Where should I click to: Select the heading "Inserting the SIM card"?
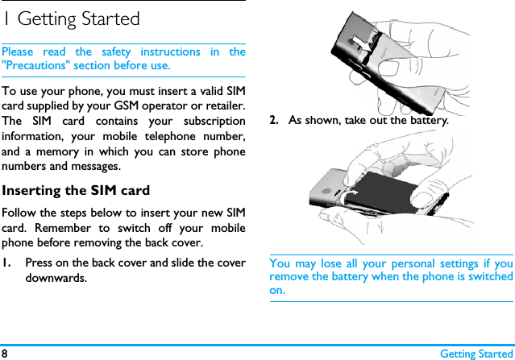point(76,191)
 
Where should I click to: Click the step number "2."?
point(275,120)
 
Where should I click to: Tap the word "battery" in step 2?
point(424,120)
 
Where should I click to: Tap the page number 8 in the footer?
point(5,354)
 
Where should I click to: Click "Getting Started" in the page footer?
point(476,354)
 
